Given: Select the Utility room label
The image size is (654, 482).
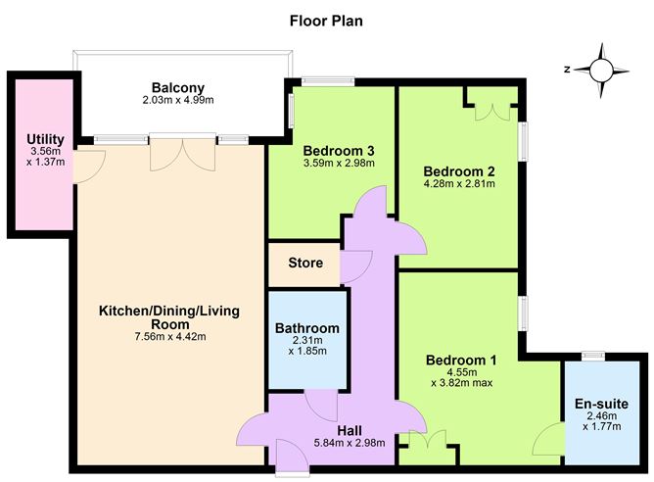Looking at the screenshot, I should (x=45, y=142).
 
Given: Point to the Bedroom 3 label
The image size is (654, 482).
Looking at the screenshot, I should (x=339, y=150).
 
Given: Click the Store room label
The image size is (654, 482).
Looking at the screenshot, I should (x=305, y=264).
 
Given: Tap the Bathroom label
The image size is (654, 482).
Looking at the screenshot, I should (x=306, y=328).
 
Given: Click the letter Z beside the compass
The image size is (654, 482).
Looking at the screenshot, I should (x=567, y=70).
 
